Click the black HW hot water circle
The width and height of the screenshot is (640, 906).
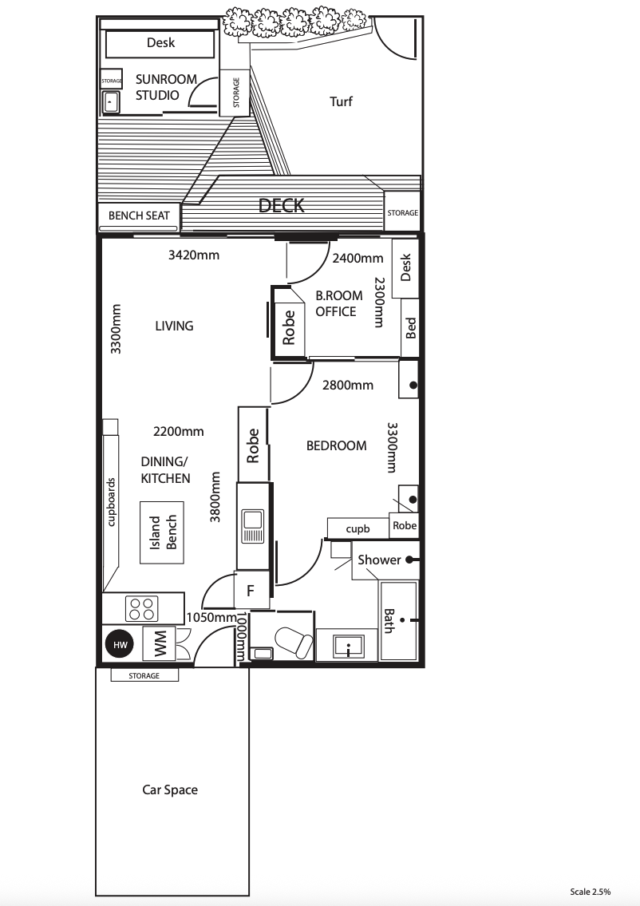[120, 644]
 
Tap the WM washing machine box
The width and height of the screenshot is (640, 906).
[160, 643]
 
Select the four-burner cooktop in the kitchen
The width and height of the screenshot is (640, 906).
[142, 608]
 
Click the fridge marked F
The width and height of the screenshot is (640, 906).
[251, 590]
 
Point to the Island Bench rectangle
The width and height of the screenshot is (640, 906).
[162, 532]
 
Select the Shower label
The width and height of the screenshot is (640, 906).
[379, 560]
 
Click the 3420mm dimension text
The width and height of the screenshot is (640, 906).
[194, 255]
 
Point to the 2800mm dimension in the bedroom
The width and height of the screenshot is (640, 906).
[348, 385]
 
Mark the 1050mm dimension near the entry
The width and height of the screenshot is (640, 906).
[211, 617]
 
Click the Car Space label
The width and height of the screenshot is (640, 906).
[170, 790]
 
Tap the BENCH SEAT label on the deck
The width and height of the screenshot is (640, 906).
[139, 216]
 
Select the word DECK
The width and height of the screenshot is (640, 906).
[282, 205]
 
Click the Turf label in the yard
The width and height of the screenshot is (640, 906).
[341, 101]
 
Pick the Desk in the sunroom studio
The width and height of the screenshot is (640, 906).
[160, 43]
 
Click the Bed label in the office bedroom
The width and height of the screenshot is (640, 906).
[411, 327]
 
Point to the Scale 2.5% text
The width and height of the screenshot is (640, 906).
[590, 892]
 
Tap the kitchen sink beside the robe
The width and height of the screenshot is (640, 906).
[252, 526]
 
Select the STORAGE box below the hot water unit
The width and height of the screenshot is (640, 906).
[144, 675]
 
